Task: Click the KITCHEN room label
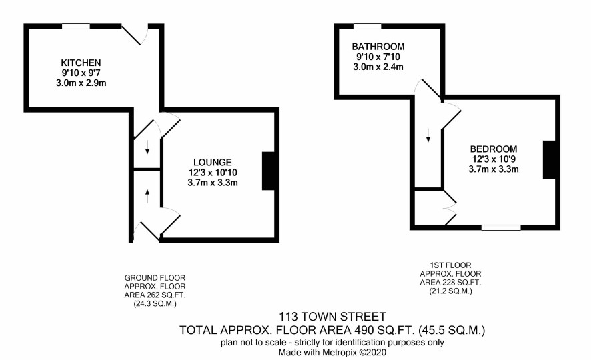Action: coord(81,63)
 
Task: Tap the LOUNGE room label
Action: coord(213,162)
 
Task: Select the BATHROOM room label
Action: coord(378,47)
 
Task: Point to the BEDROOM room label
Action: coord(494,149)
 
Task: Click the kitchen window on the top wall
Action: coord(76,27)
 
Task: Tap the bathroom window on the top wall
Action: coord(367,27)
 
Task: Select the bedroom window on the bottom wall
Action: coord(501,227)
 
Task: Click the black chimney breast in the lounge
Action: coord(268,171)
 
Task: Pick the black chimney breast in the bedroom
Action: coord(549,159)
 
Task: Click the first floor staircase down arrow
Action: coord(428,135)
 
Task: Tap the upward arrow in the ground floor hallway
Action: coord(147,196)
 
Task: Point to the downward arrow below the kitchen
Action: coord(147,147)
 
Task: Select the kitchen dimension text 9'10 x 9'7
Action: coord(81,73)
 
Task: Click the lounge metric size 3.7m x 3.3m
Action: coord(213,183)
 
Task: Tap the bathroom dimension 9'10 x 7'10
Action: coord(378,57)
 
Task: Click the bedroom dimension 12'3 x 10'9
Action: coord(494,159)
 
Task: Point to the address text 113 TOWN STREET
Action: coord(332,316)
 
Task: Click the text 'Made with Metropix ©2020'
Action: coord(332,353)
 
